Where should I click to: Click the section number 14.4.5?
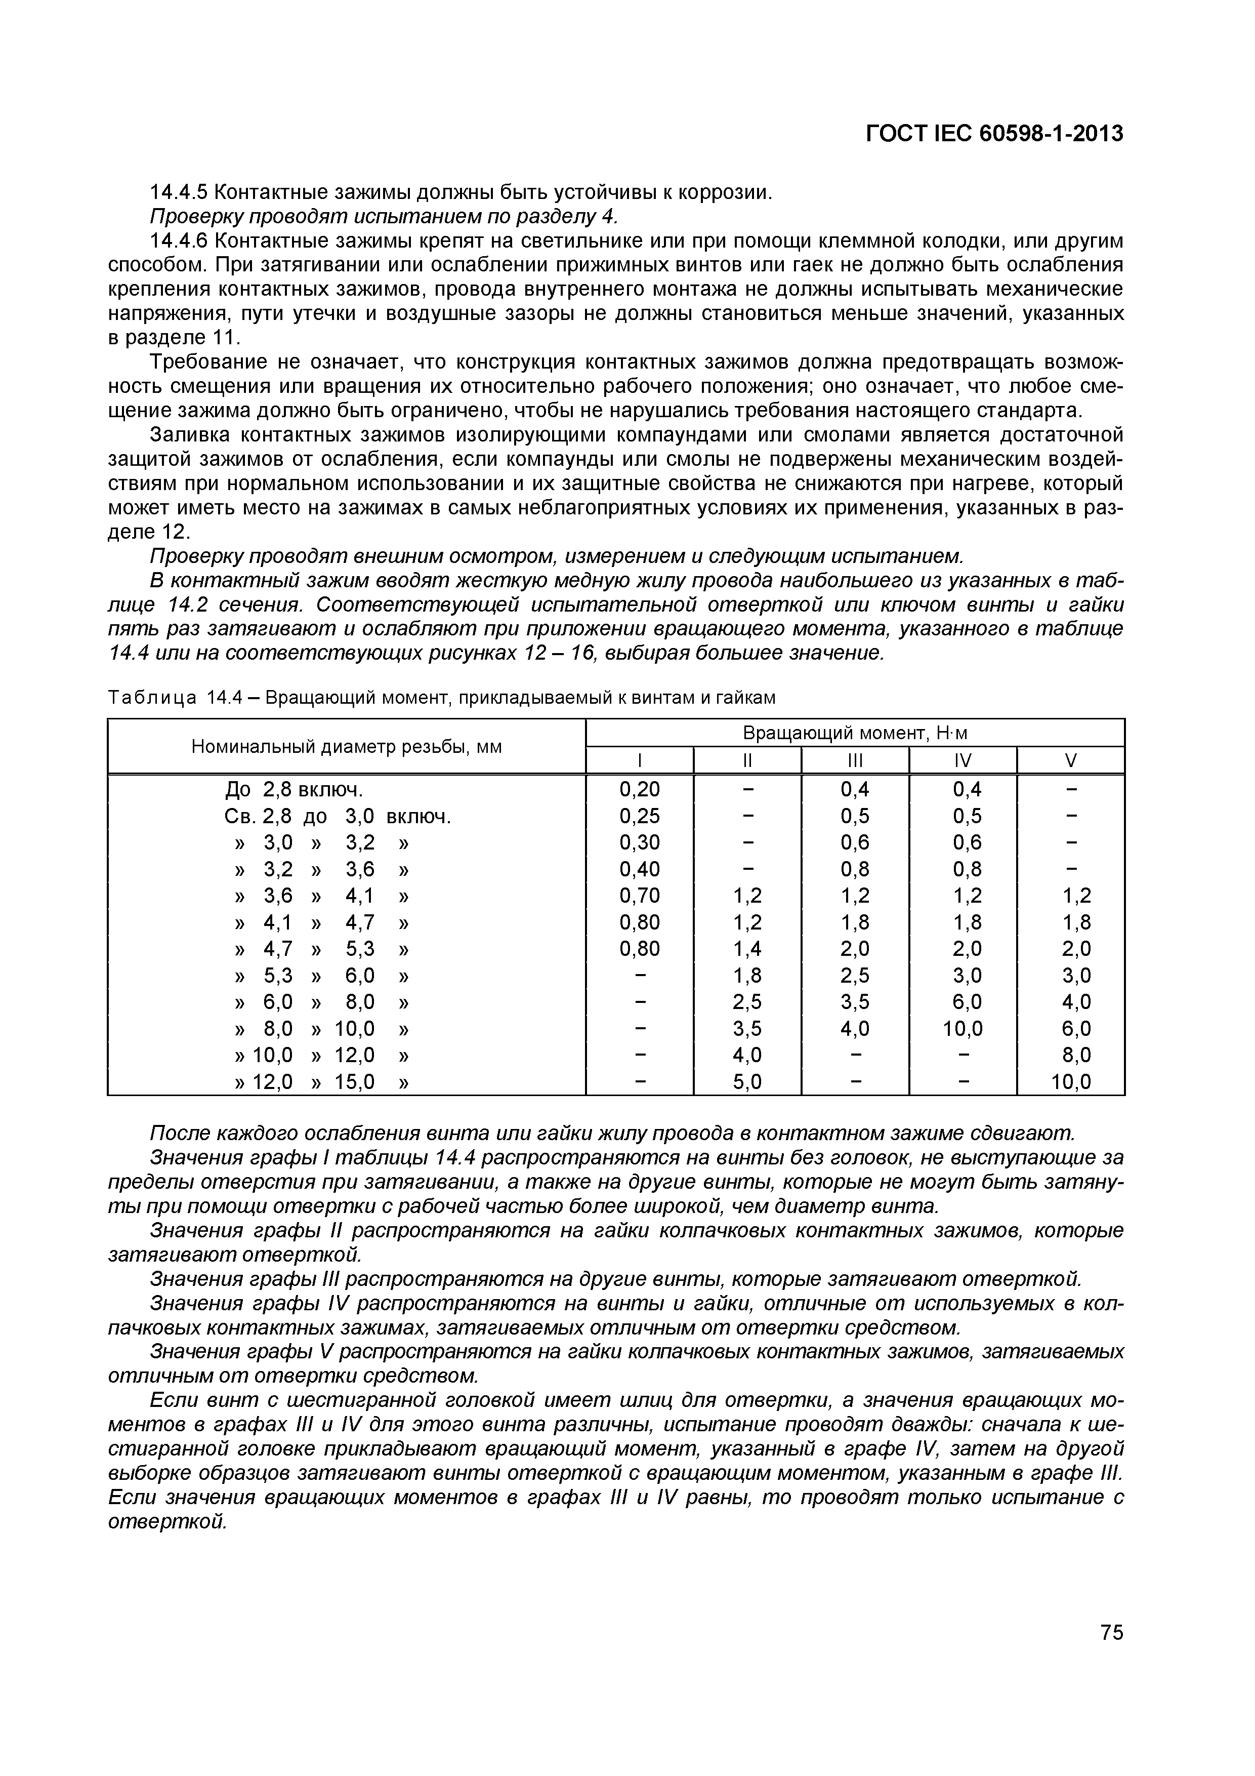click(x=178, y=192)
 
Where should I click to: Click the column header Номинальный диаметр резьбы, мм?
click(x=347, y=746)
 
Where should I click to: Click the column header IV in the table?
click(x=963, y=760)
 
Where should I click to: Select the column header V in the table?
click(x=1070, y=760)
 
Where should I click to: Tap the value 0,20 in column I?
click(x=640, y=790)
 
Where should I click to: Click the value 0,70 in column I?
click(x=640, y=896)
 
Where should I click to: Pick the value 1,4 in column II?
click(x=747, y=949)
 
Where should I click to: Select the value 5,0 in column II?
click(x=747, y=1082)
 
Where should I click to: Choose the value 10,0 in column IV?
click(x=963, y=1029)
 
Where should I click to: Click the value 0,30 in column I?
click(x=640, y=842)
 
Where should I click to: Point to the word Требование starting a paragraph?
click(x=202, y=362)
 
